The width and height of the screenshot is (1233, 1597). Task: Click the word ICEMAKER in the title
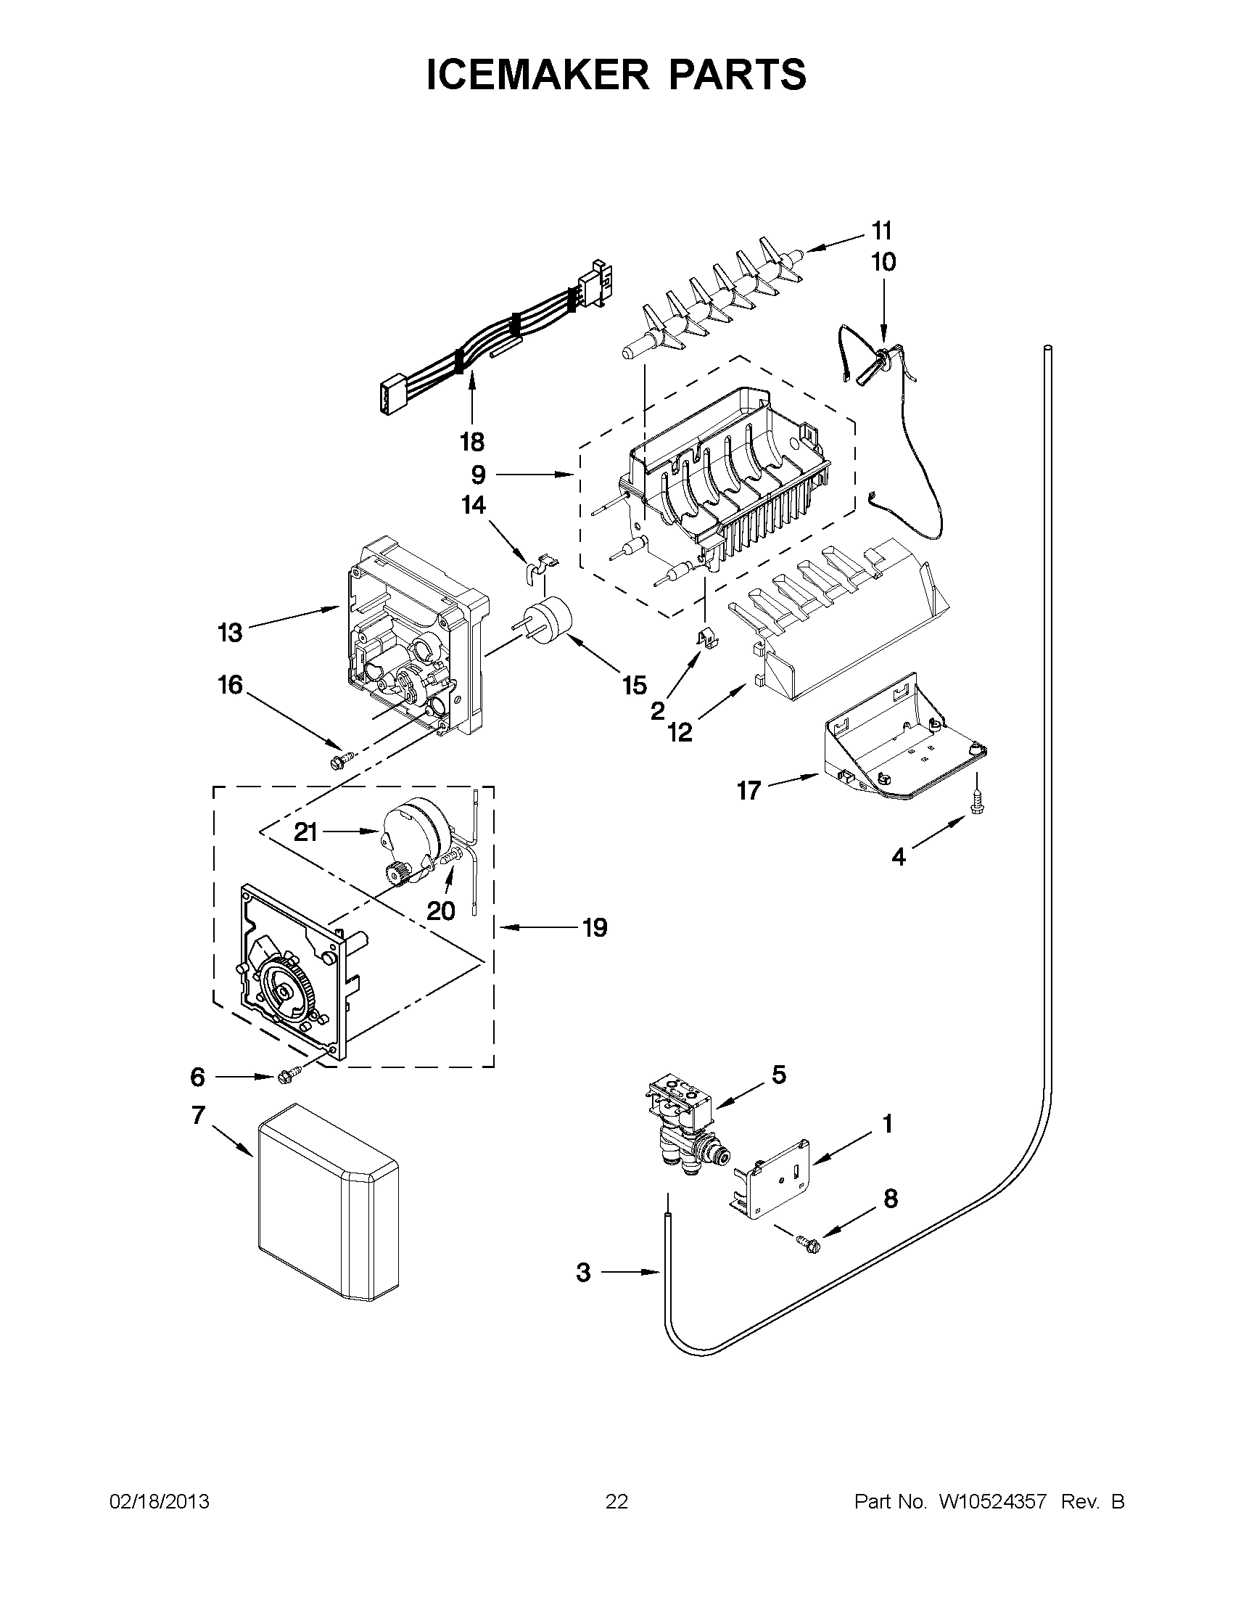(537, 75)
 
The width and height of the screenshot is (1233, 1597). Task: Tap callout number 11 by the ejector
(882, 231)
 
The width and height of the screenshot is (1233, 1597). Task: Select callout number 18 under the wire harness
(472, 442)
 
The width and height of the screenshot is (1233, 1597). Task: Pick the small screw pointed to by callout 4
(976, 803)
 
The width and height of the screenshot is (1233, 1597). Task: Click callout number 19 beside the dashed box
(595, 928)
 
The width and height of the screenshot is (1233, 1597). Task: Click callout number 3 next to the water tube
(582, 1273)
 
